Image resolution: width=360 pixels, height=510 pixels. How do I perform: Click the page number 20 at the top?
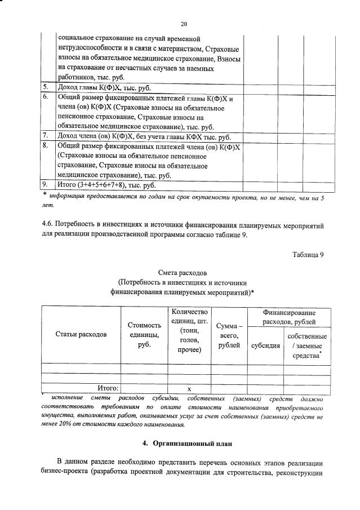click(x=184, y=24)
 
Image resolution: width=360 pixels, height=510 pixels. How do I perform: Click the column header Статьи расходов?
click(x=81, y=334)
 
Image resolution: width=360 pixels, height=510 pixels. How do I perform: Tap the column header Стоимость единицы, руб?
click(x=144, y=334)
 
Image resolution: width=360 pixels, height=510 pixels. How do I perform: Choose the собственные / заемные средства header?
click(x=307, y=346)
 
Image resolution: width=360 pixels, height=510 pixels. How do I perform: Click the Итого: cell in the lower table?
click(x=108, y=388)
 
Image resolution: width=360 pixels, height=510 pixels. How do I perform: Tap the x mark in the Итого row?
click(x=189, y=388)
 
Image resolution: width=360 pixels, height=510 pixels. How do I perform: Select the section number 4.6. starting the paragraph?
click(x=50, y=225)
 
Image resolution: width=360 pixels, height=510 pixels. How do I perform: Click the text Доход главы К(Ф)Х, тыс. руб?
click(x=104, y=88)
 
